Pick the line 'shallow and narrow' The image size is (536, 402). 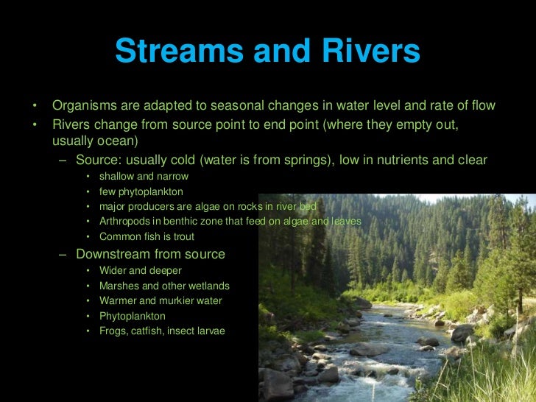click(x=144, y=177)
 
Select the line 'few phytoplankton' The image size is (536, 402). click(x=141, y=191)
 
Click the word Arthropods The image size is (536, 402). click(x=126, y=222)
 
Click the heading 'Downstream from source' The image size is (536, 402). click(x=150, y=255)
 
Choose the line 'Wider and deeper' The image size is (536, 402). click(x=140, y=271)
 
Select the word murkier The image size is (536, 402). click(x=172, y=301)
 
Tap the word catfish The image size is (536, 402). click(x=149, y=331)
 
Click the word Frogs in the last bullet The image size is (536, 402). click(x=113, y=331)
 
